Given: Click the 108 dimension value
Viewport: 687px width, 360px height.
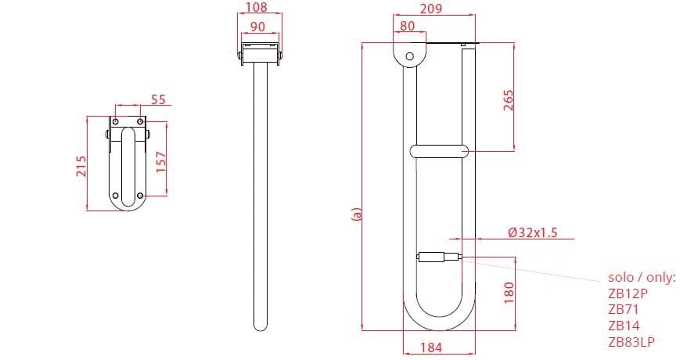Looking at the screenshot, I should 256,8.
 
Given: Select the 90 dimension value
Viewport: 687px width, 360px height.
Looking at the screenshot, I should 256,26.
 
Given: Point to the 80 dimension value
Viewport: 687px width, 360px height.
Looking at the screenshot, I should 408,26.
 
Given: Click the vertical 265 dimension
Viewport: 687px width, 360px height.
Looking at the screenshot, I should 507,100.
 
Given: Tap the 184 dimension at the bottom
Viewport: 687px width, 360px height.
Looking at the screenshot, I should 437,347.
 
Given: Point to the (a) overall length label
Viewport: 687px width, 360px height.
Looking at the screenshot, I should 357,213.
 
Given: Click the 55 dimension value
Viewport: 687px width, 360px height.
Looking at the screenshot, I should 158,100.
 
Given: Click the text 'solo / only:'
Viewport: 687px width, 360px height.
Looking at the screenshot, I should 641,278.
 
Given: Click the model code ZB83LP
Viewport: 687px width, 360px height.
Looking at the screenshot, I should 631,342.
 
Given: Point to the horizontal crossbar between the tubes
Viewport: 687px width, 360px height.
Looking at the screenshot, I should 438,151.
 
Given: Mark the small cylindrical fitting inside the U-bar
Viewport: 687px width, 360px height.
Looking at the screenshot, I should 439,256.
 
